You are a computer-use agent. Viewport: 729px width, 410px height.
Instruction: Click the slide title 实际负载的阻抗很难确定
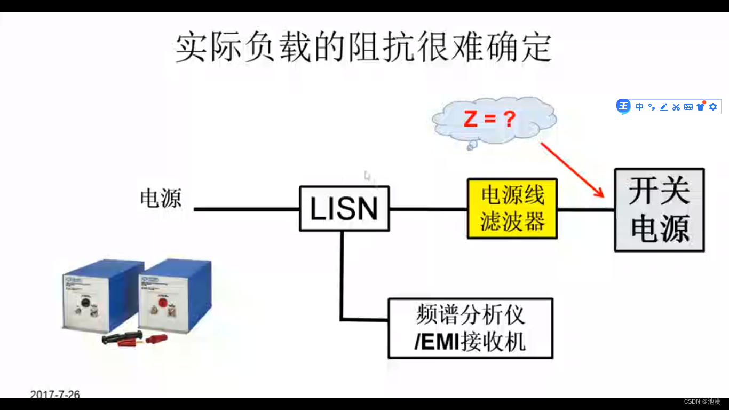click(x=363, y=48)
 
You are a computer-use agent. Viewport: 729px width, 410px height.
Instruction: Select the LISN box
click(x=344, y=209)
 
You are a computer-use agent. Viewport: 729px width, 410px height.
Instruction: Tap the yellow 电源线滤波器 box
click(x=512, y=209)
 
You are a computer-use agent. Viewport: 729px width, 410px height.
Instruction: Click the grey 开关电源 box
click(x=659, y=210)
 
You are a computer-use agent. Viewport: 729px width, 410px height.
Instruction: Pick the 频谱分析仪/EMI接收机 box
click(x=470, y=328)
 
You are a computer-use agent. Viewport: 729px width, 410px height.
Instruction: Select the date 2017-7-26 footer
click(x=55, y=394)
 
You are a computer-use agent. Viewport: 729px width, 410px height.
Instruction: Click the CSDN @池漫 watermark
click(x=702, y=401)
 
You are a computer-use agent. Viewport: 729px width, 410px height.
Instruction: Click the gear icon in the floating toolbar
click(x=713, y=107)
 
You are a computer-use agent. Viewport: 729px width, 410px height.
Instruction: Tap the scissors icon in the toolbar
click(x=676, y=107)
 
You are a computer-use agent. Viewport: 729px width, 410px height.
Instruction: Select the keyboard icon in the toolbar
click(x=688, y=107)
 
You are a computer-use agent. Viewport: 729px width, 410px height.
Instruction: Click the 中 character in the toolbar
click(x=639, y=107)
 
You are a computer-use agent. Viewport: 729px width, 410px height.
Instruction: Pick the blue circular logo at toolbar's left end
click(x=623, y=106)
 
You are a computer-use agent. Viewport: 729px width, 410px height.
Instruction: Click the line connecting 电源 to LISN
click(x=246, y=209)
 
